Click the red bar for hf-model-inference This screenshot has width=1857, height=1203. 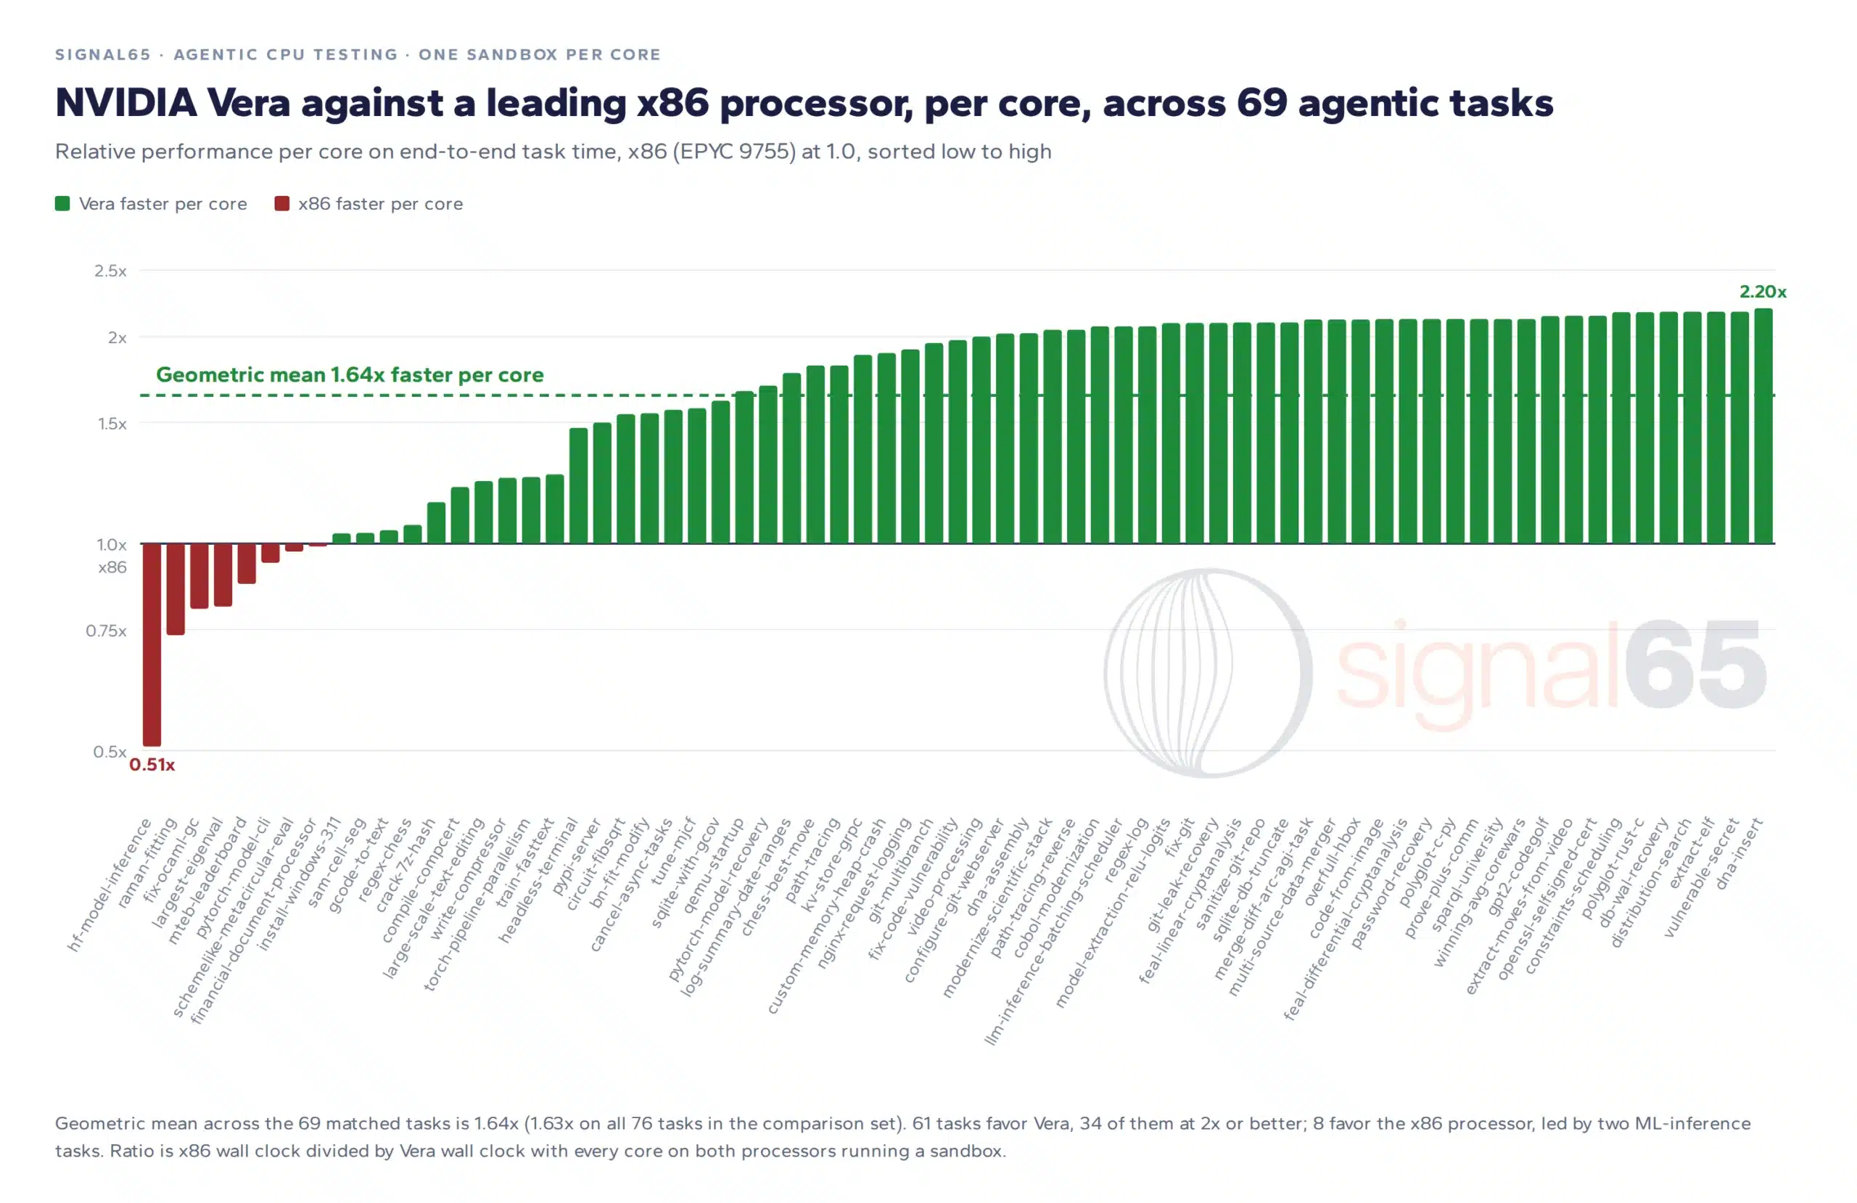click(152, 644)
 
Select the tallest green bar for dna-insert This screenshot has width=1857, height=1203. click(1763, 425)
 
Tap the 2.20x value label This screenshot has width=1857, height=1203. click(1763, 291)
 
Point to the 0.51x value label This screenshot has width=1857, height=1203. click(152, 764)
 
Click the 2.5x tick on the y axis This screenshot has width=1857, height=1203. click(110, 270)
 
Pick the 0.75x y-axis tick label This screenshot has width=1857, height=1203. click(106, 630)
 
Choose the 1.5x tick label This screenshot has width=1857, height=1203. click(112, 423)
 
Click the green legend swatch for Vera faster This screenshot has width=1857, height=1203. click(62, 204)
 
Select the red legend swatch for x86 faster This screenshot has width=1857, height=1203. click(281, 204)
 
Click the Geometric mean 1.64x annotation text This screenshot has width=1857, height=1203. click(350, 374)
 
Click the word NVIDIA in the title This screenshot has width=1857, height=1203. click(125, 103)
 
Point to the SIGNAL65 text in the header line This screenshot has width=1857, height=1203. click(103, 54)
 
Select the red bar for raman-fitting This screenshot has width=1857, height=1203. click(176, 588)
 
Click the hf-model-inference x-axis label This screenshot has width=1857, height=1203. click(110, 884)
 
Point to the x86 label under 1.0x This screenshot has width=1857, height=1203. click(112, 567)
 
